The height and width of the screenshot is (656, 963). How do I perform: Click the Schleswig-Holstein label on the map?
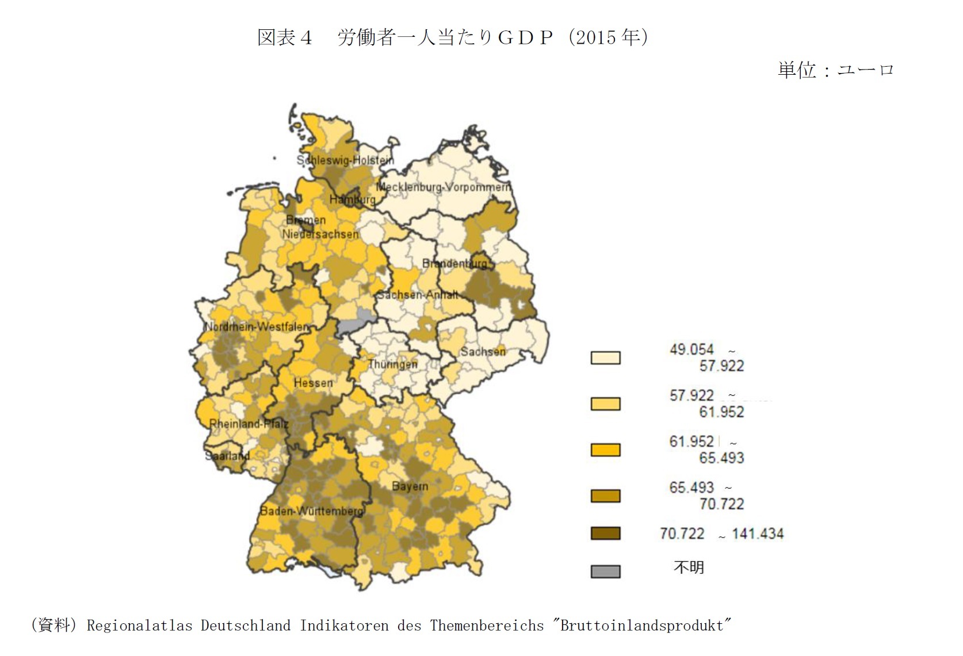pyautogui.click(x=345, y=160)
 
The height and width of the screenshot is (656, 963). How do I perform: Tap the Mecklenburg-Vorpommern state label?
pyautogui.click(x=442, y=187)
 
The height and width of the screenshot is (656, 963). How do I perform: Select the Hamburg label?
pyautogui.click(x=352, y=200)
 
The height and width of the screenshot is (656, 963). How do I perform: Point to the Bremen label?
pyautogui.click(x=305, y=220)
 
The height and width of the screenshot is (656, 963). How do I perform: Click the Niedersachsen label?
pyautogui.click(x=320, y=234)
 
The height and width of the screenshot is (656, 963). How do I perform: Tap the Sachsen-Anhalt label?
pyautogui.click(x=418, y=295)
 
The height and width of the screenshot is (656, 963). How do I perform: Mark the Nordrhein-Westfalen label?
pyautogui.click(x=257, y=327)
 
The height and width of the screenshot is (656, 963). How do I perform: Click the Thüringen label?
pyautogui.click(x=392, y=364)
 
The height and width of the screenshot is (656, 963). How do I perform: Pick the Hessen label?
pyautogui.click(x=313, y=383)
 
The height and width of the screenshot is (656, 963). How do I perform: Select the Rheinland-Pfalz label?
pyautogui.click(x=249, y=424)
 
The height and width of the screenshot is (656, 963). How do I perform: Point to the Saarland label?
pyautogui.click(x=227, y=456)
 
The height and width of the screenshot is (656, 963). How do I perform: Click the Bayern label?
pyautogui.click(x=410, y=486)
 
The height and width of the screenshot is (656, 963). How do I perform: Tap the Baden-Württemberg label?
pyautogui.click(x=311, y=511)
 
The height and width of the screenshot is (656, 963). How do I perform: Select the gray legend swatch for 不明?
pyautogui.click(x=605, y=571)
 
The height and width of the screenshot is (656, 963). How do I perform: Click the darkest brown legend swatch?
pyautogui.click(x=605, y=534)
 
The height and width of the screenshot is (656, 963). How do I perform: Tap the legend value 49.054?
pyautogui.click(x=691, y=350)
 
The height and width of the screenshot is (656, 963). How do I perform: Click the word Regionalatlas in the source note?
pyautogui.click(x=139, y=626)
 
